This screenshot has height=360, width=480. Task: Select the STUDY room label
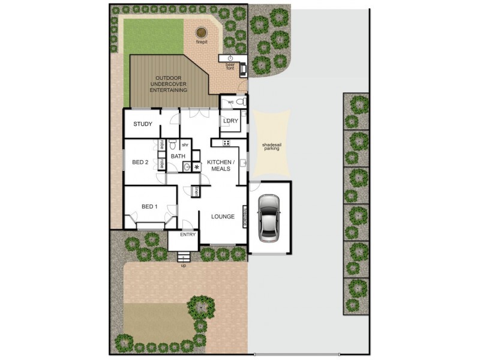click(142, 124)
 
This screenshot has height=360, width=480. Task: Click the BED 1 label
click(149, 207)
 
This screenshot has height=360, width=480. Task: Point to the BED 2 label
click(140, 162)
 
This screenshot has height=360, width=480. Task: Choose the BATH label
click(178, 157)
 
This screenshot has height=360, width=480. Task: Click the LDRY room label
click(230, 121)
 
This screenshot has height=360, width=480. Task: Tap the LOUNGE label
click(223, 217)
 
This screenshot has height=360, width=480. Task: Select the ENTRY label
click(188, 235)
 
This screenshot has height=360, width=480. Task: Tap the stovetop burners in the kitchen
click(227, 142)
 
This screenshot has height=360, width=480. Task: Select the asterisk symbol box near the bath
click(196, 168)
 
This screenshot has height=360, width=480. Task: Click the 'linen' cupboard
click(196, 191)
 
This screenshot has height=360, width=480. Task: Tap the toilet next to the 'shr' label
click(172, 145)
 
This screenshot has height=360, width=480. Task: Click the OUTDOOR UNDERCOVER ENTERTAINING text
click(172, 84)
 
